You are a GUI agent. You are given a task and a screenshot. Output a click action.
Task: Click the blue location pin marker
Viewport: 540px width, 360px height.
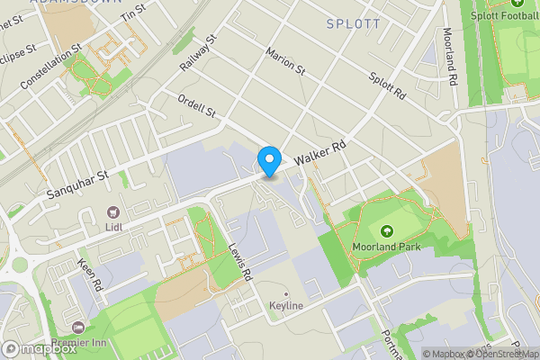268,161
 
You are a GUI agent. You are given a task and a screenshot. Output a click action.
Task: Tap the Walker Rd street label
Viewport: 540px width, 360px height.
320,152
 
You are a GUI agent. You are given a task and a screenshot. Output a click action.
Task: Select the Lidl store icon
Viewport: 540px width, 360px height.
113,212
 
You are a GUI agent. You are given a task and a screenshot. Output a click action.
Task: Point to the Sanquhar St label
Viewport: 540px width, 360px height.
77,178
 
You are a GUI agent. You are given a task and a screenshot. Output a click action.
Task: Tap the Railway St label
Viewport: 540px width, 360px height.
198,53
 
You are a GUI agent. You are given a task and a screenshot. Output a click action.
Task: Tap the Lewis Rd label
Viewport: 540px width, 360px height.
238,262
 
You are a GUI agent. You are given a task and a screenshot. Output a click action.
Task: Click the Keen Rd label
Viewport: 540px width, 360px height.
93,275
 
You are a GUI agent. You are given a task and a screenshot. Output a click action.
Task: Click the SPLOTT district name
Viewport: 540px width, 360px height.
354,23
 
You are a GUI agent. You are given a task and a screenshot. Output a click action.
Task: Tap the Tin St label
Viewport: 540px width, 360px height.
132,12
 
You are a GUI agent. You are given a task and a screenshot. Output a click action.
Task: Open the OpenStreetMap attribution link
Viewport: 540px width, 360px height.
507,354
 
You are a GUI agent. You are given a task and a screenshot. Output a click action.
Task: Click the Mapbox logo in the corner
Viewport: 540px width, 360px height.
39,349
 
